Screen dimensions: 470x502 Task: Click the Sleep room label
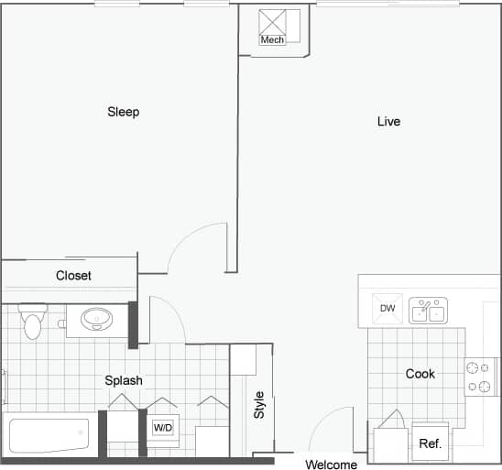click(x=123, y=112)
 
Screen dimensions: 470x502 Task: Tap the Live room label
click(x=388, y=121)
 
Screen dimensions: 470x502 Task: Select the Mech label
click(x=272, y=40)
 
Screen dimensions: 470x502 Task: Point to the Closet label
click(x=73, y=275)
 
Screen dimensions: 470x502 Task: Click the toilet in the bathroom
click(x=33, y=322)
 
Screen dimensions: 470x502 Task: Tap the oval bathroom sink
click(x=96, y=320)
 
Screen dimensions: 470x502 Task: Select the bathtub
click(x=48, y=435)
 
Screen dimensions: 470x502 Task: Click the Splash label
click(x=123, y=380)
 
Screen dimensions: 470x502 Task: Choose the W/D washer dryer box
click(x=162, y=427)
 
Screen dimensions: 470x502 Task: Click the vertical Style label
click(x=259, y=405)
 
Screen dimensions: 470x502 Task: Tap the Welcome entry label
click(x=331, y=465)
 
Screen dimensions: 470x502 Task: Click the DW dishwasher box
click(x=387, y=309)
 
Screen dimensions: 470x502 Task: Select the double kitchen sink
click(x=427, y=310)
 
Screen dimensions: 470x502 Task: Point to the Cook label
click(x=420, y=374)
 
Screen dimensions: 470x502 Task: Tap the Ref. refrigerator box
click(x=430, y=443)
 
